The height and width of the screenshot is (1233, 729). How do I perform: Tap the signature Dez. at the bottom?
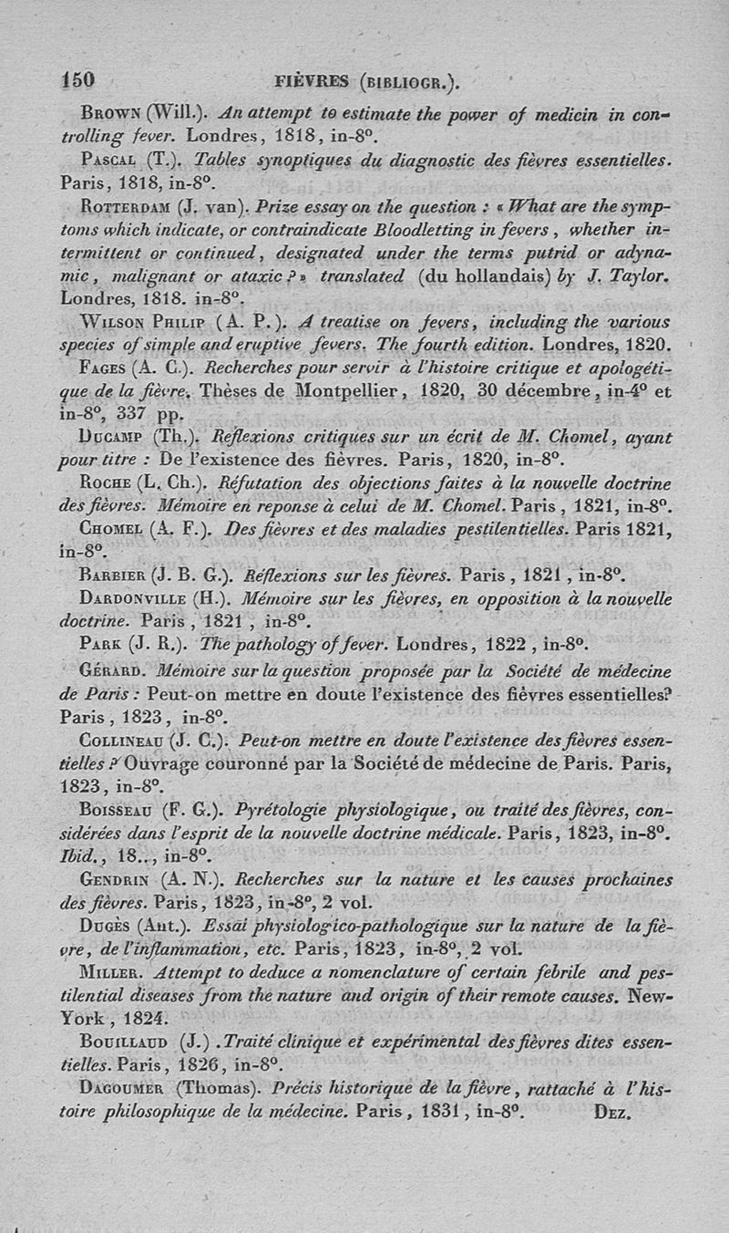pyautogui.click(x=611, y=1114)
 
